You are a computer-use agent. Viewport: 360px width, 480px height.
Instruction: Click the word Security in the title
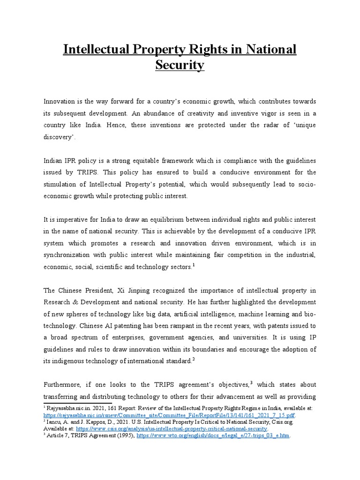pyautogui.click(x=180, y=65)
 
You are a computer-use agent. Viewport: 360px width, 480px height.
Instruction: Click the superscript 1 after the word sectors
pyautogui.click(x=193, y=266)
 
